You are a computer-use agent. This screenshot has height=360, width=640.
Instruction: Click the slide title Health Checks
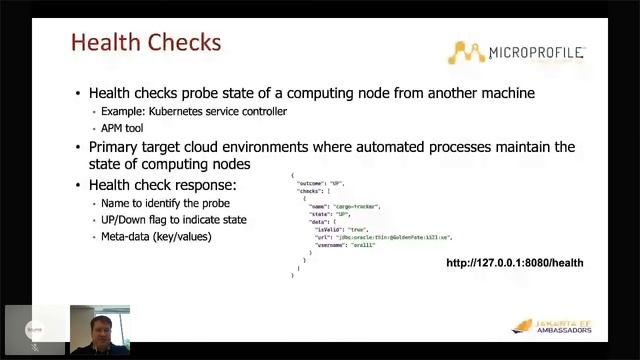pos(146,44)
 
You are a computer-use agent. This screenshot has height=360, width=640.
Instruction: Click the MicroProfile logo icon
pos(466,52)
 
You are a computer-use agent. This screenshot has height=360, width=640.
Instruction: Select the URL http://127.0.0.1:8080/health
pos(514,263)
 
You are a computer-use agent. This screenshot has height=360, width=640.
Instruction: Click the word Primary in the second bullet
pos(115,147)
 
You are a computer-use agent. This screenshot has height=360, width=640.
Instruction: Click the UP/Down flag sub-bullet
pos(173,220)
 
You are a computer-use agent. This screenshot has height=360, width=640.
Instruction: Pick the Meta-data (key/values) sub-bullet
pos(156,236)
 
